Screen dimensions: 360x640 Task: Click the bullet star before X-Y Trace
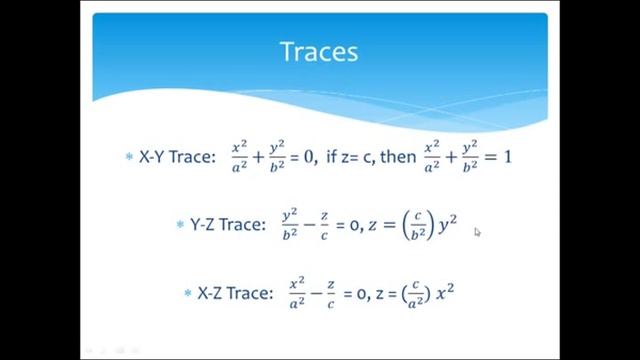pyautogui.click(x=128, y=158)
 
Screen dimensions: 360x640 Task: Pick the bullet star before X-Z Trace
pyautogui.click(x=187, y=294)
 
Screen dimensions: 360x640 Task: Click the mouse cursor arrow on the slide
pyautogui.click(x=477, y=232)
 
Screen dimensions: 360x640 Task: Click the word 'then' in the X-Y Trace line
pyautogui.click(x=397, y=157)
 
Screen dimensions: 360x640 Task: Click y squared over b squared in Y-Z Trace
pyautogui.click(x=290, y=225)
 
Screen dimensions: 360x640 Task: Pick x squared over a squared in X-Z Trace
pyautogui.click(x=297, y=293)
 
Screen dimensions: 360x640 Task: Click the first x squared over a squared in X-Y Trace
pyautogui.click(x=239, y=157)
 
